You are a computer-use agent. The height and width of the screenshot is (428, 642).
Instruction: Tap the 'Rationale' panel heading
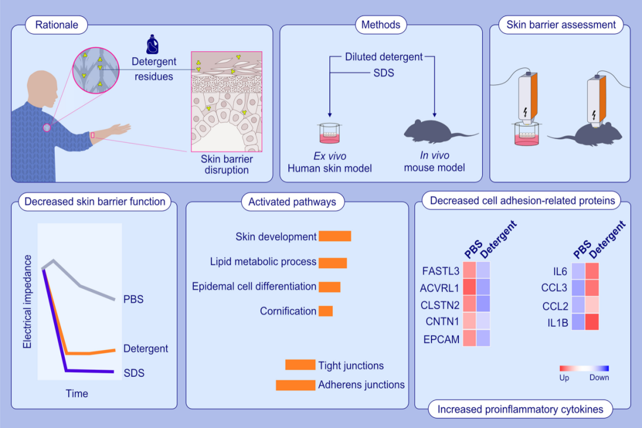tap(56, 25)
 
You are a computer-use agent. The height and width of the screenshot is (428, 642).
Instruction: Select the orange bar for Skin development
tap(335, 237)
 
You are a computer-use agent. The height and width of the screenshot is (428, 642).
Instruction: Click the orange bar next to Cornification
tap(326, 311)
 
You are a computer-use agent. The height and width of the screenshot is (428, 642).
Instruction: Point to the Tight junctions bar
tap(300, 365)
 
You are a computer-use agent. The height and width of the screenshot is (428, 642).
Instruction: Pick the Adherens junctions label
tap(361, 385)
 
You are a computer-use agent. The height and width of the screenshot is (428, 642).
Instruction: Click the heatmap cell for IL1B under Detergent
tap(592, 322)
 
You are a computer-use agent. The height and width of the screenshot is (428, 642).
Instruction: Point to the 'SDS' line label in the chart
tap(134, 373)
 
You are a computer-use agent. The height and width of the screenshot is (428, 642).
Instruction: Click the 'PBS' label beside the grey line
tap(133, 299)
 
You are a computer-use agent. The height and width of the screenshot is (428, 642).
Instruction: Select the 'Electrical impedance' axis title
tap(27, 301)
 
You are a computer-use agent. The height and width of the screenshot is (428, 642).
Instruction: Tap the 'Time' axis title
tap(77, 394)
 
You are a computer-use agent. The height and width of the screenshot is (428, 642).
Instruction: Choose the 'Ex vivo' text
tap(329, 156)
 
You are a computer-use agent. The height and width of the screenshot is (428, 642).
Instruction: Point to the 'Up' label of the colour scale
tap(564, 377)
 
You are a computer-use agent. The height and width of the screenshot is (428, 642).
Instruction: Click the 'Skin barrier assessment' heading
tap(561, 25)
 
